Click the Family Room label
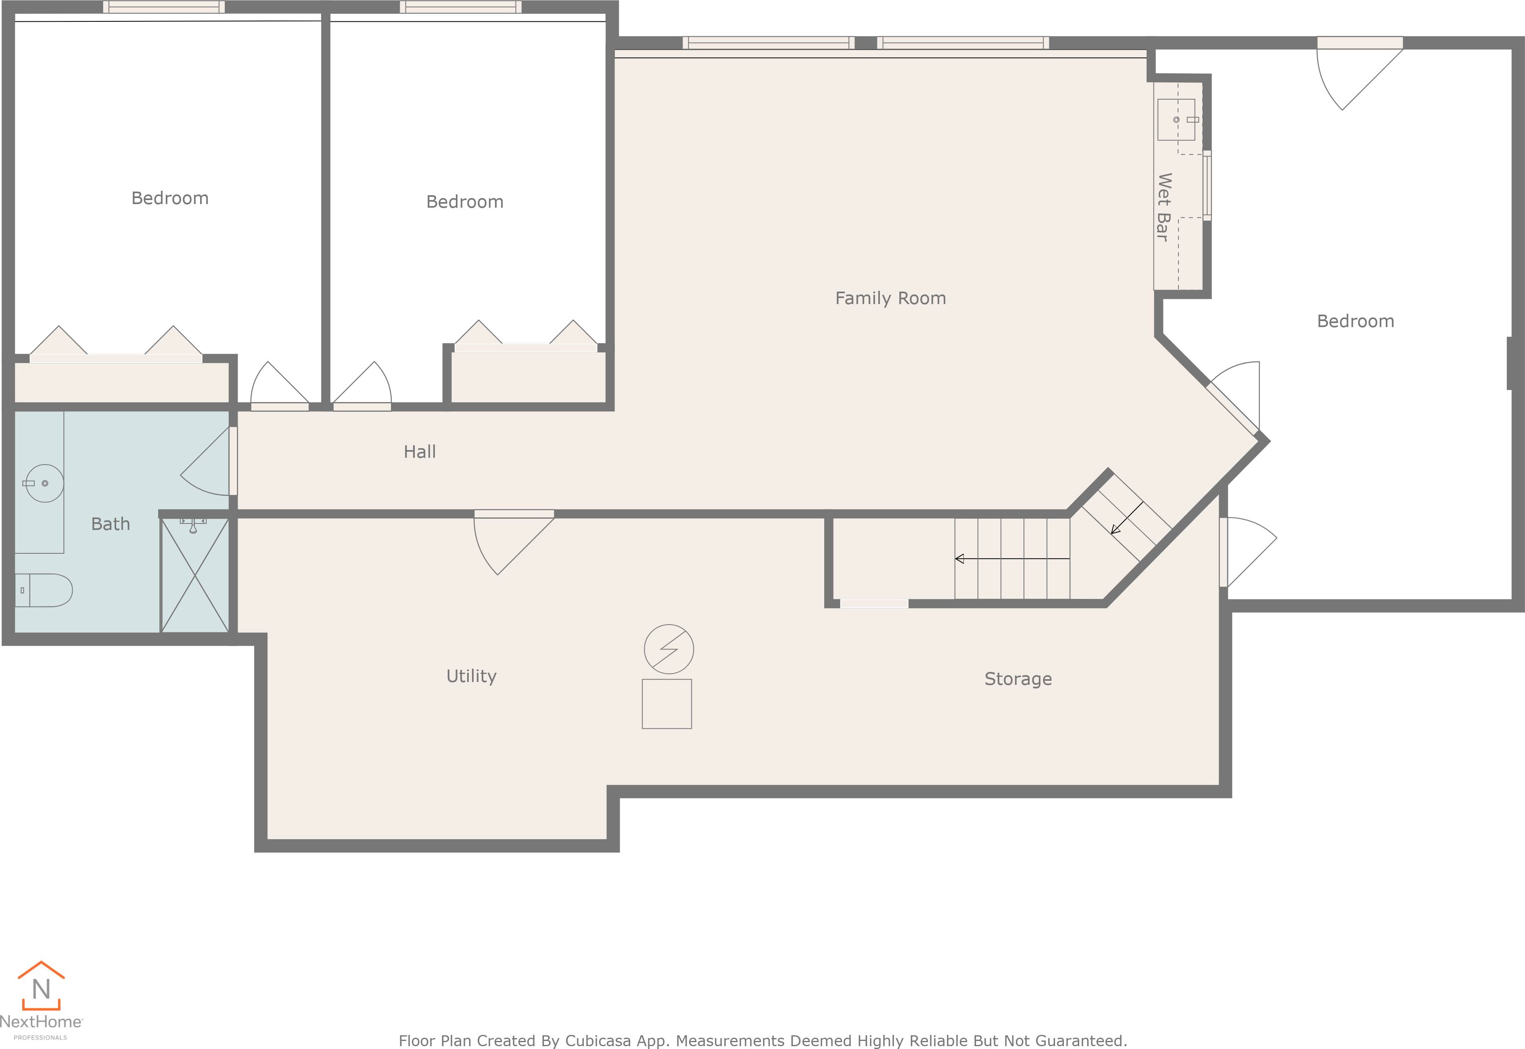[x=890, y=298]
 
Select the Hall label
[x=420, y=452]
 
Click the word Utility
[x=471, y=676]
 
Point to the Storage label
[x=1017, y=679]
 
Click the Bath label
[x=111, y=524]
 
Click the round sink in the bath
[x=44, y=483]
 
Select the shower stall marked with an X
[x=194, y=575]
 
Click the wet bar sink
[x=1176, y=120]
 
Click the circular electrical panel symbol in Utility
[x=668, y=649]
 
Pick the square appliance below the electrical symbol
[x=666, y=704]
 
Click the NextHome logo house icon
[x=41, y=986]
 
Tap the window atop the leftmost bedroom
[x=164, y=7]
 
